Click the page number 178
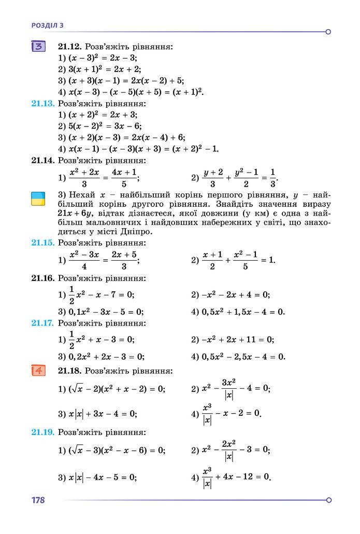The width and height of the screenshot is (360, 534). coord(38,500)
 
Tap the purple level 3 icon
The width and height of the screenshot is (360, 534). coord(39,47)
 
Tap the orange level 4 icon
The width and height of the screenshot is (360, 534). coord(39,371)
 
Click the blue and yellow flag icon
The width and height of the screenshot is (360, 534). coord(38,199)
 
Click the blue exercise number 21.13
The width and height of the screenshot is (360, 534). coord(43,103)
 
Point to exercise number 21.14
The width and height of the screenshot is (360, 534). coord(43,160)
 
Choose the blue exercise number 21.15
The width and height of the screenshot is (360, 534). coord(43,242)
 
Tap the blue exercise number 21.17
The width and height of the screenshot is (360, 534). coord(43,322)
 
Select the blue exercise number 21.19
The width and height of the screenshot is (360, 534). coord(43,431)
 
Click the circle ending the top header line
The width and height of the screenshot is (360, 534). coord(328,32)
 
